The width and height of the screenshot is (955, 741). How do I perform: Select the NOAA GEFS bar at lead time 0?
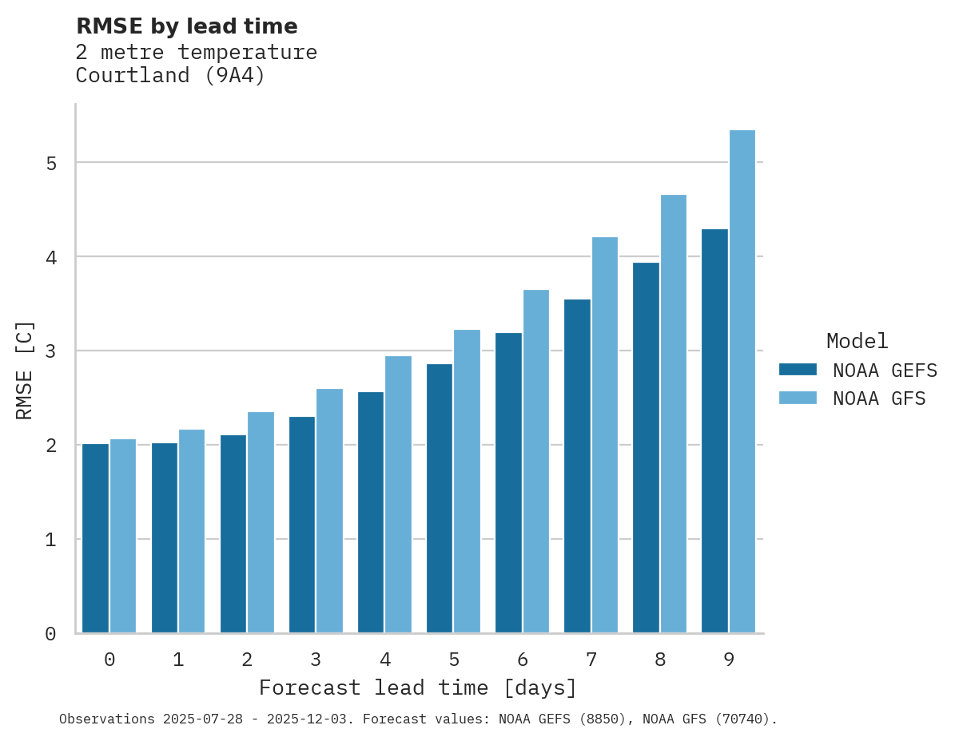pyautogui.click(x=95, y=538)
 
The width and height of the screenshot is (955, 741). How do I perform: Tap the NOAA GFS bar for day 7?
pyautogui.click(x=605, y=435)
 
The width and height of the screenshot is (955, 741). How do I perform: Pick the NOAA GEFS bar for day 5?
pyautogui.click(x=440, y=498)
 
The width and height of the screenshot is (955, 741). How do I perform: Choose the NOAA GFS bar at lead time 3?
pyautogui.click(x=329, y=511)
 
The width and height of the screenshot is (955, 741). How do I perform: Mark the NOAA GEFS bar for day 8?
pyautogui.click(x=646, y=447)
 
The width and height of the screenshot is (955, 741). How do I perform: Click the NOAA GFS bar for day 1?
pyautogui.click(x=192, y=531)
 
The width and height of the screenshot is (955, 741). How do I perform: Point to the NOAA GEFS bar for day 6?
pyautogui.click(x=508, y=482)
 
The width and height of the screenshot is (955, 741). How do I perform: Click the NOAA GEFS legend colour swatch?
pyautogui.click(x=798, y=370)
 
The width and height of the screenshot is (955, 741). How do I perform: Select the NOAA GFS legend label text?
pyautogui.click(x=879, y=398)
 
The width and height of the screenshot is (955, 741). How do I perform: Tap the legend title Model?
pyautogui.click(x=857, y=342)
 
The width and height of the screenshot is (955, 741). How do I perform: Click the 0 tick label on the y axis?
pyautogui.click(x=50, y=634)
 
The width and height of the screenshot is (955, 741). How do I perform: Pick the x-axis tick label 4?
pyautogui.click(x=384, y=660)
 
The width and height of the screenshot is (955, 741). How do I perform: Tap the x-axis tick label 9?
pyautogui.click(x=729, y=660)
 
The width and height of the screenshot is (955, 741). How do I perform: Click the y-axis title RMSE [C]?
pyautogui.click(x=25, y=370)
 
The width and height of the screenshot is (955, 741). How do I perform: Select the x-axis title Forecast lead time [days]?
pyautogui.click(x=417, y=688)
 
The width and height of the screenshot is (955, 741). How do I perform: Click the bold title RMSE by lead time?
pyautogui.click(x=186, y=26)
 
